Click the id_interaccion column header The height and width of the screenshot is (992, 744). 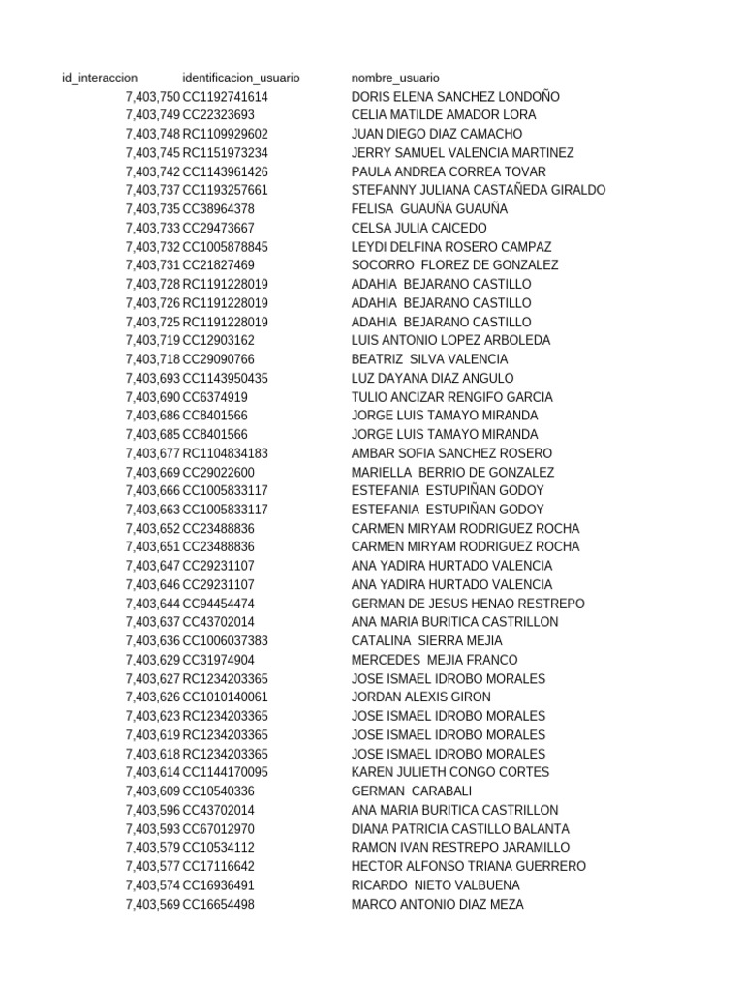[99, 77]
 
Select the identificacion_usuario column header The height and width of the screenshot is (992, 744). [241, 77]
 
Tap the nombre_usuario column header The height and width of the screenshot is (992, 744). [395, 77]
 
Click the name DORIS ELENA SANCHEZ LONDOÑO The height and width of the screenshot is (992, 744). [455, 97]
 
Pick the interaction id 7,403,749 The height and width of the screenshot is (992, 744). [153, 115]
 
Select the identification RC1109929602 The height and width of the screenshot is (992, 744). [226, 134]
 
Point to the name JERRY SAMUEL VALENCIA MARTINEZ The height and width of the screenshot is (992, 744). [462, 153]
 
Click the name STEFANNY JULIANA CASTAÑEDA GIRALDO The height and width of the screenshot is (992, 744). [479, 190]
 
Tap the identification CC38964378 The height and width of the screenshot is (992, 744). [219, 209]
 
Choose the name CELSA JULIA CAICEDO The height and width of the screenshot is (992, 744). [419, 228]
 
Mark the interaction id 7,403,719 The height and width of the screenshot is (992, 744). [153, 340]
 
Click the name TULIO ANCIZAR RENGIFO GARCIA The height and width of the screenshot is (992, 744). [452, 397]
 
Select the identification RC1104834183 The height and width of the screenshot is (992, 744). [226, 453]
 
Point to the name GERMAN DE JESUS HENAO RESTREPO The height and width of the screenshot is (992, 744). [468, 604]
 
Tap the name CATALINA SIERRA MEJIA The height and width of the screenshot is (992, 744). [427, 641]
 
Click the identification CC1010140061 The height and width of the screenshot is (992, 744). [226, 697]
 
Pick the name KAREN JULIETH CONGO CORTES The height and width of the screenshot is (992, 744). [450, 772]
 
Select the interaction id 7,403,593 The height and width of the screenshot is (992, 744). [153, 829]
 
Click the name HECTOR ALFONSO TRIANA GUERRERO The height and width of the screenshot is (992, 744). [469, 866]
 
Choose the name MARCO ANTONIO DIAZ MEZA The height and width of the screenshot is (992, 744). [438, 904]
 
